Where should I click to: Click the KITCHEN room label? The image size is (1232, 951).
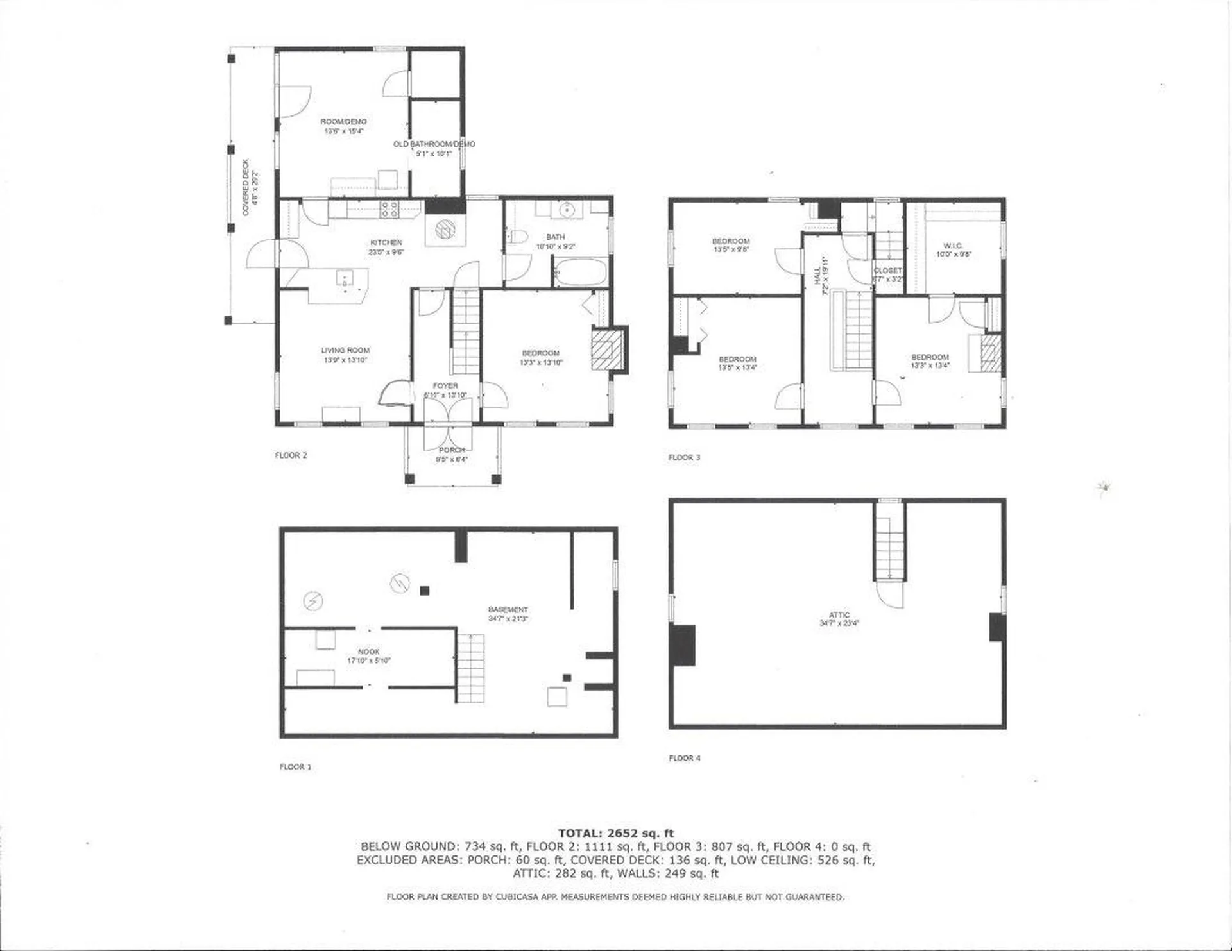[386, 242]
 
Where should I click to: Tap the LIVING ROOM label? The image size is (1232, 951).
[345, 350]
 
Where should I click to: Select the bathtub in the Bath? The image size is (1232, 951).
[580, 273]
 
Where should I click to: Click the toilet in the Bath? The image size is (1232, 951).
[517, 238]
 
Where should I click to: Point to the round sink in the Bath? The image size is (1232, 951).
[566, 210]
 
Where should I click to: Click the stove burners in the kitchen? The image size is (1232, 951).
[389, 209]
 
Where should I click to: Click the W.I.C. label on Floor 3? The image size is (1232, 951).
[953, 246]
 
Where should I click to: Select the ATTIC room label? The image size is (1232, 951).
[839, 614]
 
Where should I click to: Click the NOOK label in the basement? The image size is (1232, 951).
[369, 652]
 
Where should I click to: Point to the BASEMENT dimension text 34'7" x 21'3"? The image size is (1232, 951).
[508, 619]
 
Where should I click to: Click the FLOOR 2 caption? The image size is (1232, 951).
[291, 455]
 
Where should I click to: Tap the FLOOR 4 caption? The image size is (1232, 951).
[685, 758]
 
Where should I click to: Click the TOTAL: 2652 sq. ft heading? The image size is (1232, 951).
[615, 833]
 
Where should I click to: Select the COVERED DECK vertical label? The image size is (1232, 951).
[246, 187]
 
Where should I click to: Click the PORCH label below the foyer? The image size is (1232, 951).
[451, 450]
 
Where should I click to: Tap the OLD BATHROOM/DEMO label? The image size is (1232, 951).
[434, 144]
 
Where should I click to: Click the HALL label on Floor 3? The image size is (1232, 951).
[817, 276]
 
